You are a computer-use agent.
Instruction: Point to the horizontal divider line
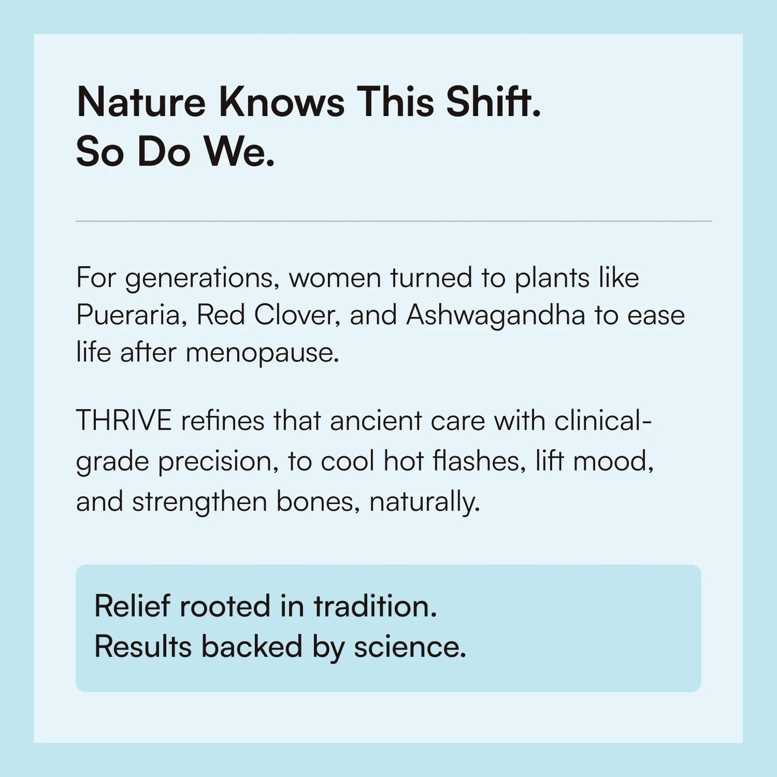pos(394,221)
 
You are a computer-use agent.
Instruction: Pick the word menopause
pos(262,354)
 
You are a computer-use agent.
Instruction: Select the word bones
pos(318,503)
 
